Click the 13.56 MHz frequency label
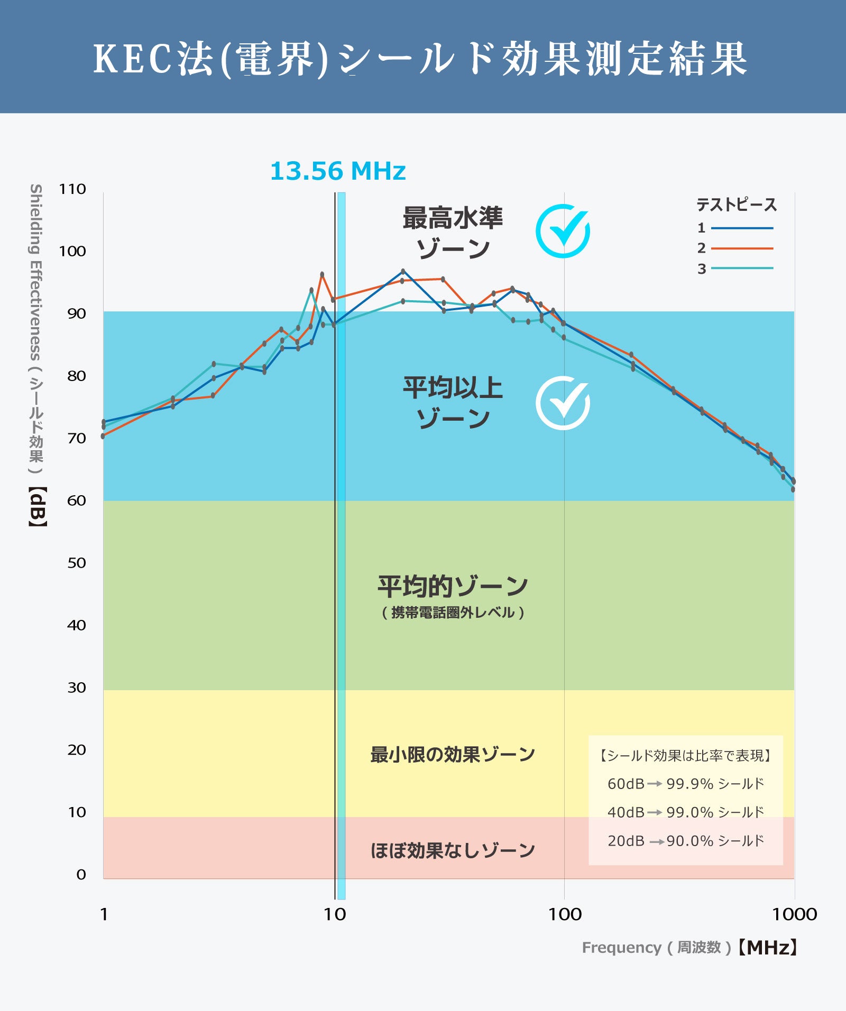point(338,171)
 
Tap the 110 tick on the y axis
point(72,189)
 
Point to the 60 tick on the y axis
point(76,500)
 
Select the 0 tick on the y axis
point(81,875)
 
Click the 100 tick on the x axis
point(564,914)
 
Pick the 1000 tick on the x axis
point(794,914)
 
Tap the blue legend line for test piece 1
point(742,228)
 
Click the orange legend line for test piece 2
point(742,248)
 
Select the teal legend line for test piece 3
point(742,268)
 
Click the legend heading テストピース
point(736,205)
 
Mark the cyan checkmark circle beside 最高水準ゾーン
point(563,231)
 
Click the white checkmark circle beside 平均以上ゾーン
point(563,403)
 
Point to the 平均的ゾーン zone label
point(453,587)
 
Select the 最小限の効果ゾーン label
point(453,755)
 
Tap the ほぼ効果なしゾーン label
point(453,850)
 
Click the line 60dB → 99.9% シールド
point(686,784)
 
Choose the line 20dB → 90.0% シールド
point(686,841)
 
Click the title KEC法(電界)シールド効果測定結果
point(420,58)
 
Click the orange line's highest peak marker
point(322,275)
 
